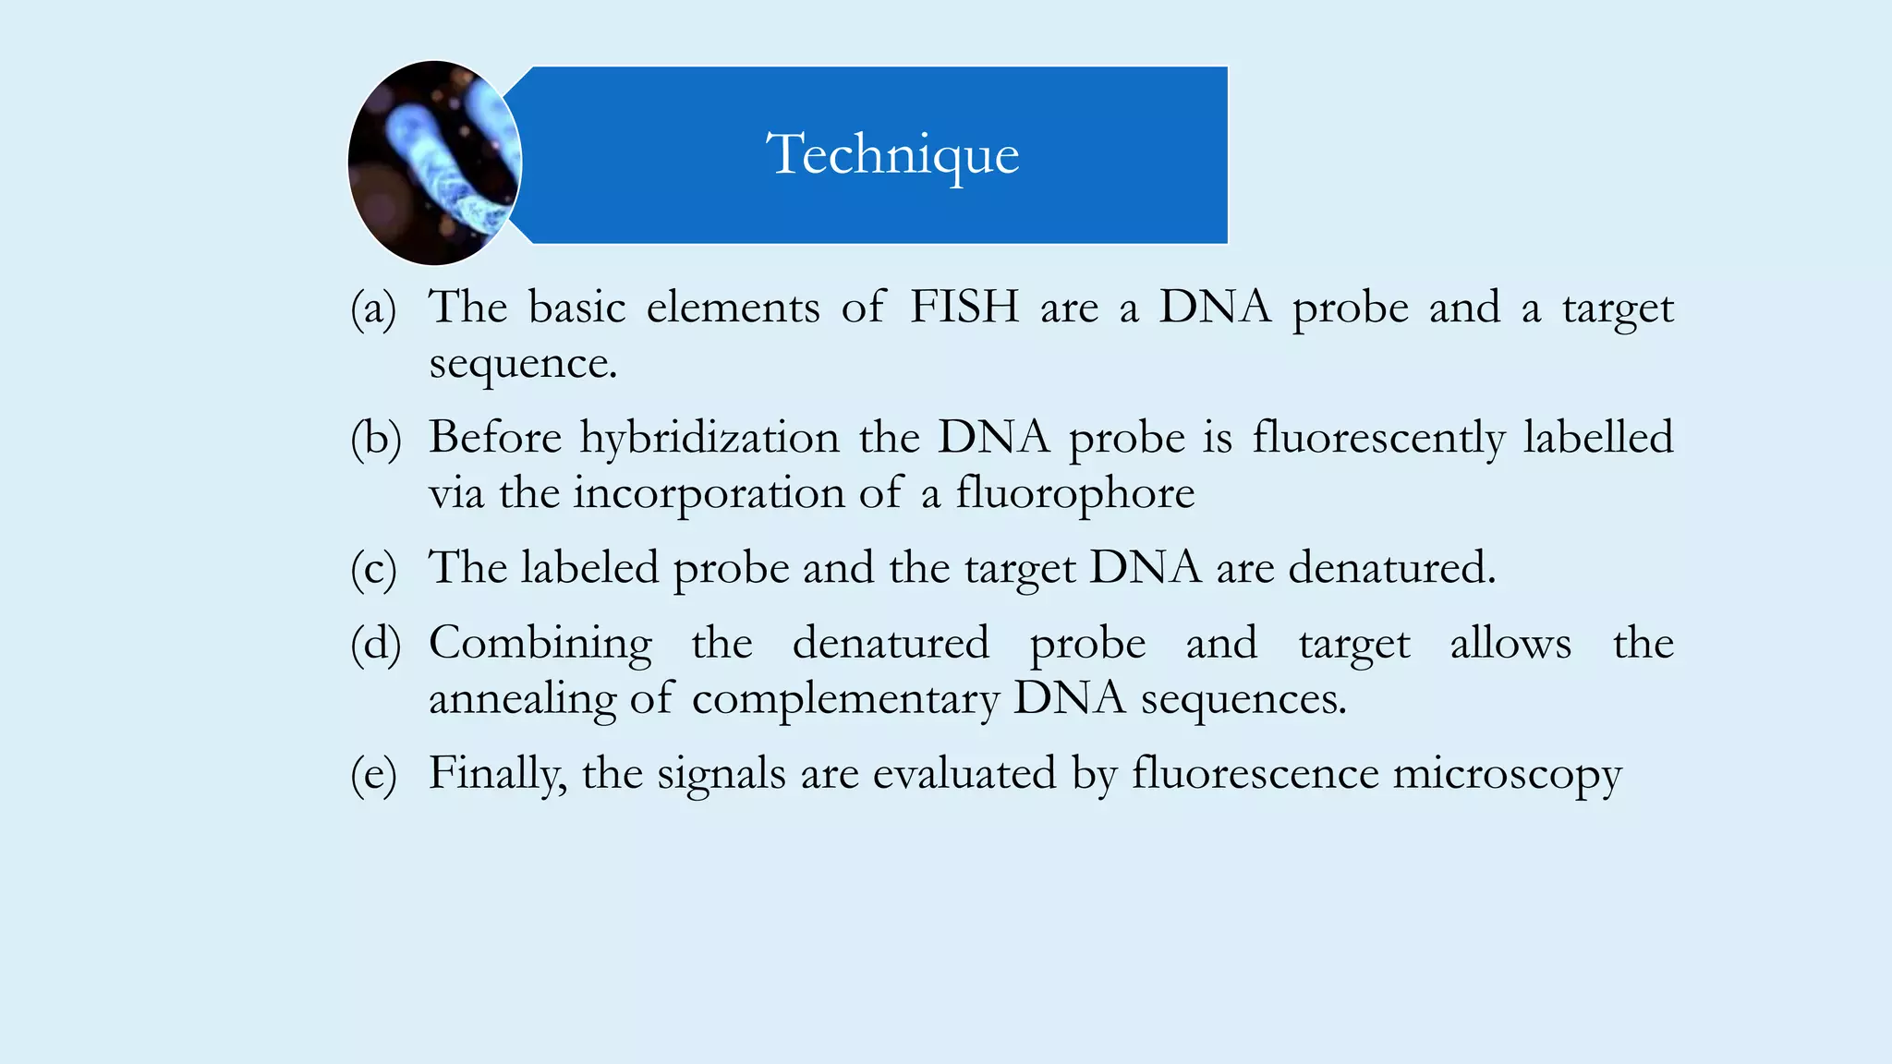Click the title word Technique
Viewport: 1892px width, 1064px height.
point(892,154)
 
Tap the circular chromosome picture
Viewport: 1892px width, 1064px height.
point(434,163)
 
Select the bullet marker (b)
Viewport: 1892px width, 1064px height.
point(375,438)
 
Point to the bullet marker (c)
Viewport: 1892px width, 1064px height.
point(373,568)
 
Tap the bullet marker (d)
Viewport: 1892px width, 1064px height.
point(375,644)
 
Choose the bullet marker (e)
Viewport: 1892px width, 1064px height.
point(373,774)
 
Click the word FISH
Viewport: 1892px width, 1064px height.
point(964,307)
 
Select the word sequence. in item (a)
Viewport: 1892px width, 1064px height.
point(523,363)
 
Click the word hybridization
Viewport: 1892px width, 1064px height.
point(709,438)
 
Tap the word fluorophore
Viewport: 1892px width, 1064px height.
point(1074,493)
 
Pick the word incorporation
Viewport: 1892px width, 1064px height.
point(709,493)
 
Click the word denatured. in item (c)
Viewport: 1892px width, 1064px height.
point(1391,568)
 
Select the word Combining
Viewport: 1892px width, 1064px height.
point(540,644)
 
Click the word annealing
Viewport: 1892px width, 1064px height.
point(522,699)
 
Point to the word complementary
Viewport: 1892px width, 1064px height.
point(845,699)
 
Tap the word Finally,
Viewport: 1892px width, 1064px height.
point(497,774)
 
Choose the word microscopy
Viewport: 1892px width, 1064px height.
point(1507,774)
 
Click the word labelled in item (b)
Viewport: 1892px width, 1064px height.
point(1598,438)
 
